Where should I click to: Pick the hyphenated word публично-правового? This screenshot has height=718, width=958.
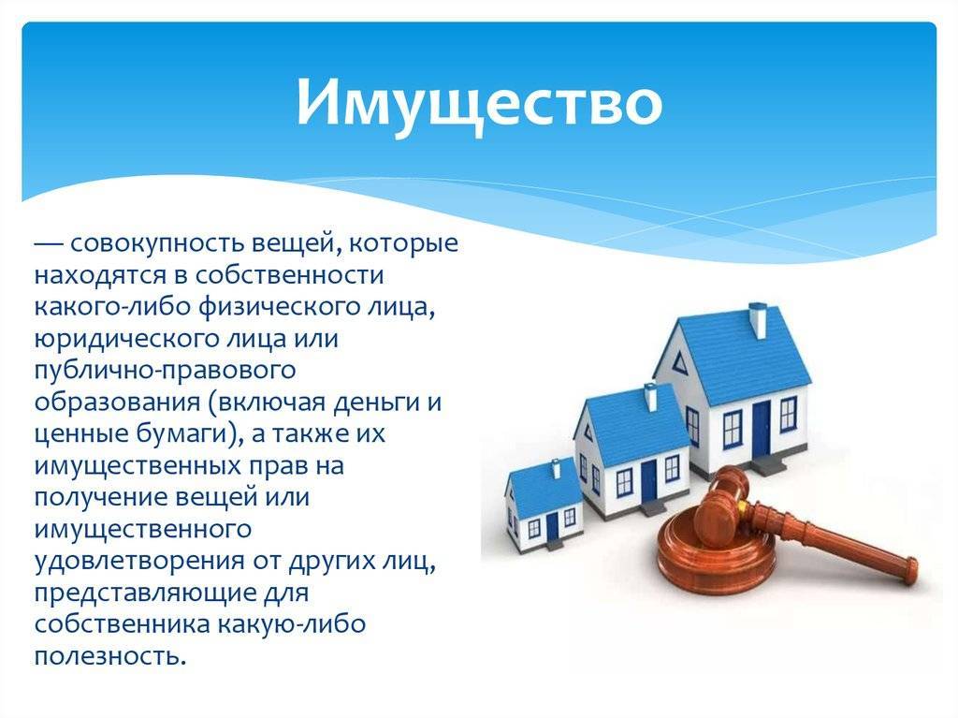point(165,370)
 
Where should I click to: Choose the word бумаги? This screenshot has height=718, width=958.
point(187,434)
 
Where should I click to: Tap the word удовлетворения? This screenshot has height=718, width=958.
point(138,561)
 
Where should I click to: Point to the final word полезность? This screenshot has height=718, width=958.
point(109,656)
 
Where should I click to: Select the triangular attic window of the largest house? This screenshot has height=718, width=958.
point(679,362)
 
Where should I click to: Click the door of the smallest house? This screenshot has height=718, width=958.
point(552,527)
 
